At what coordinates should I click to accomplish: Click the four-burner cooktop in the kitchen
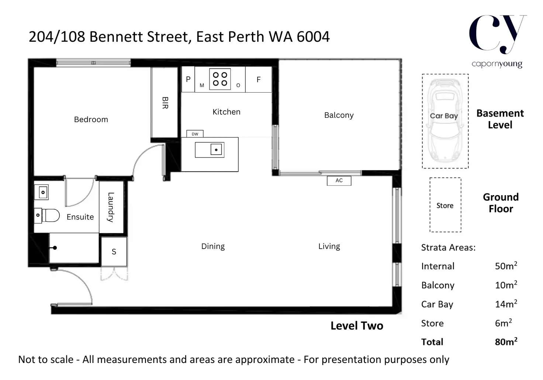(x=220, y=79)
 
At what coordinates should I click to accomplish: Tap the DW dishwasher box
(x=195, y=134)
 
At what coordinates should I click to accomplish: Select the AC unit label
(x=339, y=181)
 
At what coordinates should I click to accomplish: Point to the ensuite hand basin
(x=41, y=192)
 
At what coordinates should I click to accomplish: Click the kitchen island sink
(x=210, y=150)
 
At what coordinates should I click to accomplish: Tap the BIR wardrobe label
(x=165, y=103)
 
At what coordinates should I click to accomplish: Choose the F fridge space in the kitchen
(x=259, y=79)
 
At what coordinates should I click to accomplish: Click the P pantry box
(x=188, y=79)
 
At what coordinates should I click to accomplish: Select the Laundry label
(x=111, y=207)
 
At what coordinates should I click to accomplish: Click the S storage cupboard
(x=114, y=252)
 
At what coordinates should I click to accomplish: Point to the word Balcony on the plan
(x=339, y=115)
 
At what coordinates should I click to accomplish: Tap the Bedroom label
(x=91, y=119)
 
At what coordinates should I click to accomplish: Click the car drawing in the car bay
(x=445, y=121)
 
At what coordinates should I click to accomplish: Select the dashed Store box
(x=445, y=205)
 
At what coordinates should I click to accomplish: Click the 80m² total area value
(x=506, y=341)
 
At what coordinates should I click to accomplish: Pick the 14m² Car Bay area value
(x=506, y=304)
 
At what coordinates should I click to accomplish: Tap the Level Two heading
(x=357, y=326)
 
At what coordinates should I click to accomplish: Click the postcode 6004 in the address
(x=313, y=37)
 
